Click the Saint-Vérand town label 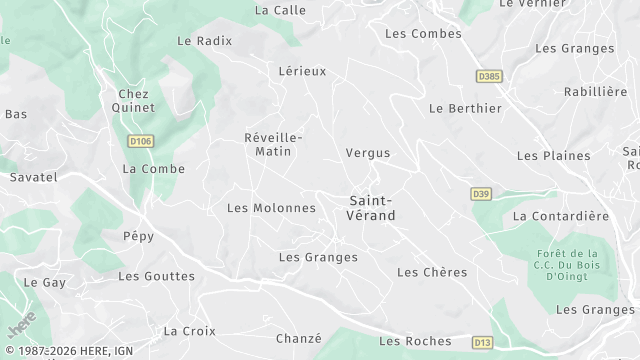pos(372,208)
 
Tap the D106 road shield pos(141,142)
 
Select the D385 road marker pos(488,76)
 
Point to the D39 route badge pos(481,194)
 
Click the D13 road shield pos(483,342)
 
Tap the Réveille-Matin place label pos(273,144)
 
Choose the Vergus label pos(367,153)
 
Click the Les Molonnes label pos(271,208)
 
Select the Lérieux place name pos(302,71)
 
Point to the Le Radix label pos(204,41)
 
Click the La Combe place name pos(153,169)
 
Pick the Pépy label pos(138,237)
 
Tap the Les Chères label pos(432,272)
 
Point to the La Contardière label pos(560,216)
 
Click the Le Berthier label pos(463,108)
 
